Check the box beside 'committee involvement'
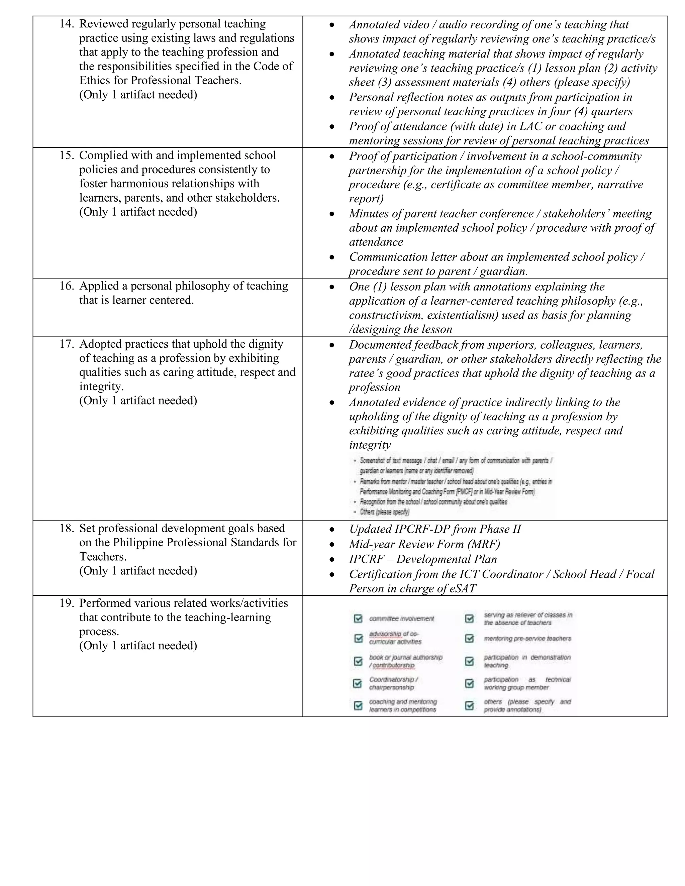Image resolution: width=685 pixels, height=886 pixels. tap(358, 619)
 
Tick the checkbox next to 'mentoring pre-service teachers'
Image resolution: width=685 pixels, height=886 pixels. tap(469, 639)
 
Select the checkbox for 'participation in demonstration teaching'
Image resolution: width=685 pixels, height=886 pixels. tap(469, 661)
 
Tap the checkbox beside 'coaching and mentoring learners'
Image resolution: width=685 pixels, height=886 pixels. tap(358, 705)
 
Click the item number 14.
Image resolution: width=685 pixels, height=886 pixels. tap(67, 24)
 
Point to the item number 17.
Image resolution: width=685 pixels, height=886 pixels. tap(67, 344)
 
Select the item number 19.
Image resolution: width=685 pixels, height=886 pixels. tap(67, 603)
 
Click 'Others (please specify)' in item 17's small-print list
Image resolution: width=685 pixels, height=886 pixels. tap(384, 512)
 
